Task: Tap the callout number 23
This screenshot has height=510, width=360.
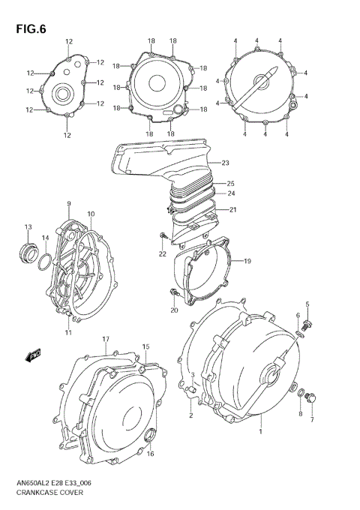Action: pyautogui.click(x=225, y=163)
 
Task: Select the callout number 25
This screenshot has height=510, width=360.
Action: pyautogui.click(x=231, y=183)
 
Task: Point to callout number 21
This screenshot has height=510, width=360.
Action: pyautogui.click(x=232, y=209)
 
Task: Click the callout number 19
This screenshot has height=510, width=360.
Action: pyautogui.click(x=247, y=260)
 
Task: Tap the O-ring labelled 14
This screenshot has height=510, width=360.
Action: pyautogui.click(x=45, y=262)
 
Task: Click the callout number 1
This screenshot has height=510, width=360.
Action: pyautogui.click(x=260, y=432)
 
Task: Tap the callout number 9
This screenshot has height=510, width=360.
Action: pyautogui.click(x=68, y=203)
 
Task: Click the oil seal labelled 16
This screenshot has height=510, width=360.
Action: pyautogui.click(x=151, y=433)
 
